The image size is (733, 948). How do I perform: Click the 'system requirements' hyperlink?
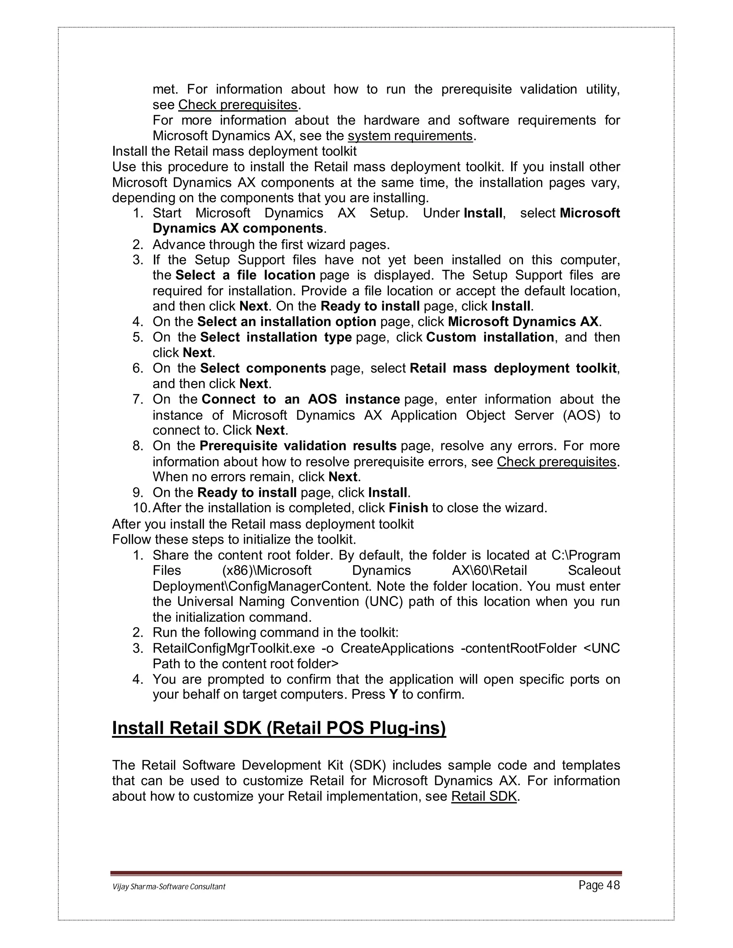(x=410, y=136)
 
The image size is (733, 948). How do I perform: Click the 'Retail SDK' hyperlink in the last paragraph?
(x=484, y=796)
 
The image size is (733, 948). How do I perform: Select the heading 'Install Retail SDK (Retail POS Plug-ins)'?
(x=279, y=728)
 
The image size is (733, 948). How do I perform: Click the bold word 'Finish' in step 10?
(x=408, y=508)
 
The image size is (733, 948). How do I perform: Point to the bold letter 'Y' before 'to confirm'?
(x=393, y=694)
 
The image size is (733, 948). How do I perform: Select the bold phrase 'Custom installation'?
(x=490, y=337)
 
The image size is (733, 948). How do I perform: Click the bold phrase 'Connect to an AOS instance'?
(x=301, y=399)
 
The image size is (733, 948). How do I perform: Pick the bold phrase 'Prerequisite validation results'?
(x=298, y=446)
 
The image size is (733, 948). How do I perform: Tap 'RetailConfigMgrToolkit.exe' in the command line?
(x=234, y=648)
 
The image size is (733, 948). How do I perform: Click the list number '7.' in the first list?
(x=138, y=399)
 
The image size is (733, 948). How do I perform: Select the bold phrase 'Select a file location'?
(x=245, y=275)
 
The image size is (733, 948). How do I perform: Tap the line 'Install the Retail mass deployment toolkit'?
(x=234, y=151)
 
